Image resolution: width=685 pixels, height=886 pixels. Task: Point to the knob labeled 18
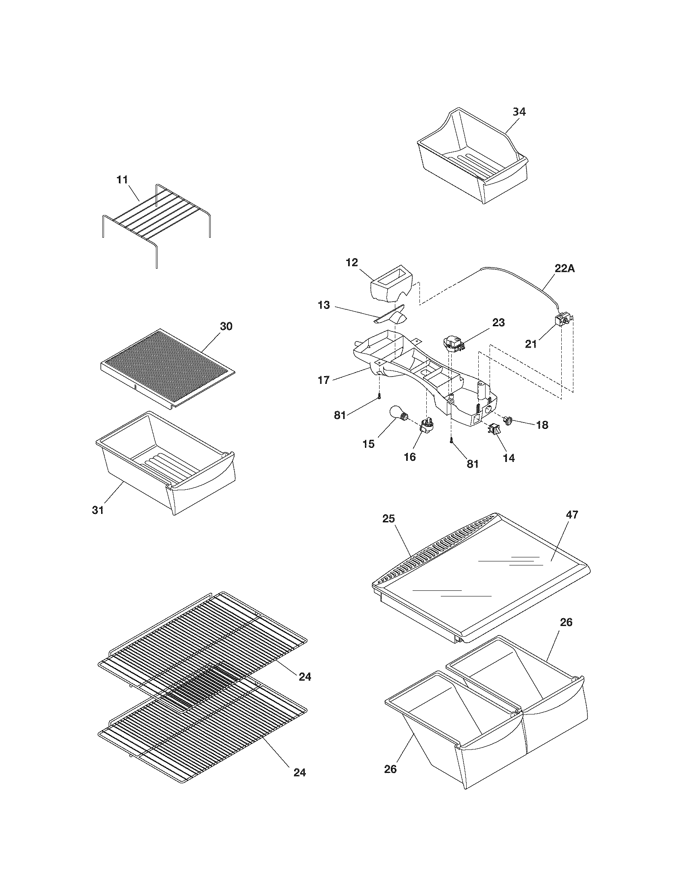coord(507,421)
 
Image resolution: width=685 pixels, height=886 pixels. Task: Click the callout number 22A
coord(565,268)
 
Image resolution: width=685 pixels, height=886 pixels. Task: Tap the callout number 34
coord(519,112)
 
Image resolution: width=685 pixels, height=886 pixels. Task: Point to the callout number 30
coord(226,326)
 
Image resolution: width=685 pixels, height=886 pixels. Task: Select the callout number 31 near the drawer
coord(98,510)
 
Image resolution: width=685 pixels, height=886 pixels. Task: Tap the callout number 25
coord(389,519)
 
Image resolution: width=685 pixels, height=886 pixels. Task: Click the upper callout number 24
coord(305,676)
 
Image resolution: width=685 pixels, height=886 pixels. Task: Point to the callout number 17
coord(324,381)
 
